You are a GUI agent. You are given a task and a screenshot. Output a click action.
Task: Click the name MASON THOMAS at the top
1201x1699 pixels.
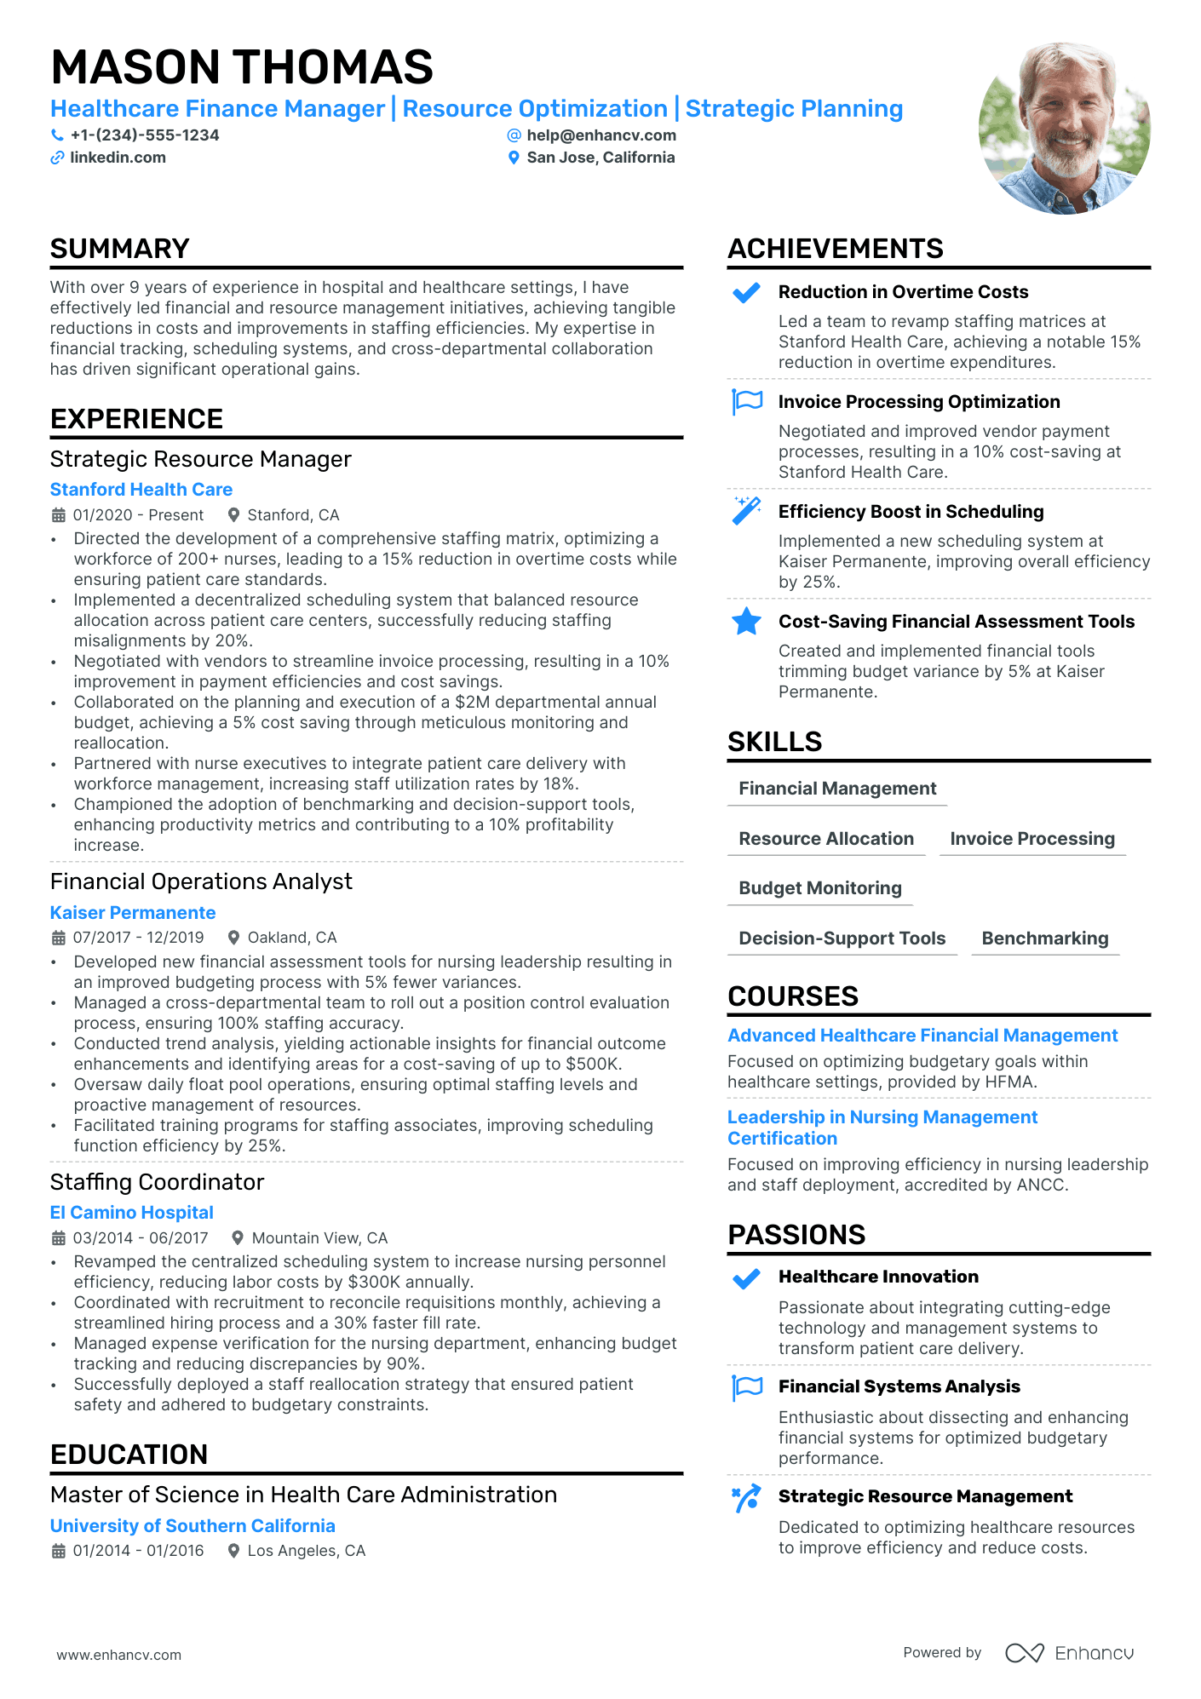242,67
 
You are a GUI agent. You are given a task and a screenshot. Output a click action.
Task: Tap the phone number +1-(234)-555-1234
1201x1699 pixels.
144,135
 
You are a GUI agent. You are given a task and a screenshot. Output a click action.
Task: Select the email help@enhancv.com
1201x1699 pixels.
600,135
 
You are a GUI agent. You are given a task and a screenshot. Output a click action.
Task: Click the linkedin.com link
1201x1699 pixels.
118,158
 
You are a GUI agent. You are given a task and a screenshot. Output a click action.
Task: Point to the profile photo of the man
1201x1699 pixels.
1064,129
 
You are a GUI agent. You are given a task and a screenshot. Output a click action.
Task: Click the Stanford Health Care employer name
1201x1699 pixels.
141,490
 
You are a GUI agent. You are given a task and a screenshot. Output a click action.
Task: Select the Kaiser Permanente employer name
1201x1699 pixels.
133,913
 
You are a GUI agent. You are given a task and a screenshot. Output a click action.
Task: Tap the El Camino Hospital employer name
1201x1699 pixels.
132,1213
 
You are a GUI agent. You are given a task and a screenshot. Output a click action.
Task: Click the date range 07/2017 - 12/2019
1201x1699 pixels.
138,938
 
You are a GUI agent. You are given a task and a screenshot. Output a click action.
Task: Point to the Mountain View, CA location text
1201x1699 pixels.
319,1238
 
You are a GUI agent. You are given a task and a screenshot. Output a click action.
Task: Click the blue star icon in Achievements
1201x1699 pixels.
746,622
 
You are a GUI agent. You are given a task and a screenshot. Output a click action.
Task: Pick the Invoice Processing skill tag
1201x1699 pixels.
1031,839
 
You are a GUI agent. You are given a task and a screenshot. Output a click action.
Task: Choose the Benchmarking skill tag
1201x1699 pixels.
1044,938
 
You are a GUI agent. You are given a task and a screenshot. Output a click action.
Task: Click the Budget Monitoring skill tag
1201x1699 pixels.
819,888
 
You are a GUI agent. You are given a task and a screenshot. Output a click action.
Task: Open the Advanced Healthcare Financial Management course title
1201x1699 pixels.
922,1036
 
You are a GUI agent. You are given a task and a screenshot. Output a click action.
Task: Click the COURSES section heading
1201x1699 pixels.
792,996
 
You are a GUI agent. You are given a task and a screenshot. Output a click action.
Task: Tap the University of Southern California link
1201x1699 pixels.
193,1526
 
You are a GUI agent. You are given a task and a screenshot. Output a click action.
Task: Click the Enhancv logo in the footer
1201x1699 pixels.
1069,1653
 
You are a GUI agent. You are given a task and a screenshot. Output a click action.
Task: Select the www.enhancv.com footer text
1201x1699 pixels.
119,1655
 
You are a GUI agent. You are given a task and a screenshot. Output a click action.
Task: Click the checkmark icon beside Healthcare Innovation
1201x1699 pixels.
746,1278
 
